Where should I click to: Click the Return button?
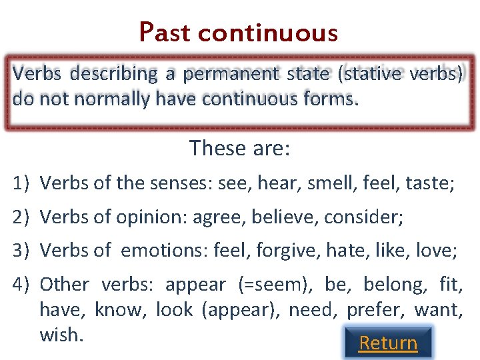coord(388,343)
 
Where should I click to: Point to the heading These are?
coord(239,147)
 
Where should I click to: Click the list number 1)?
coord(23,183)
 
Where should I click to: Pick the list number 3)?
coord(23,251)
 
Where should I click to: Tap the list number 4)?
coord(23,285)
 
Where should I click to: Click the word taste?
coord(430,183)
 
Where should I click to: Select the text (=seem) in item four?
coord(275,285)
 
